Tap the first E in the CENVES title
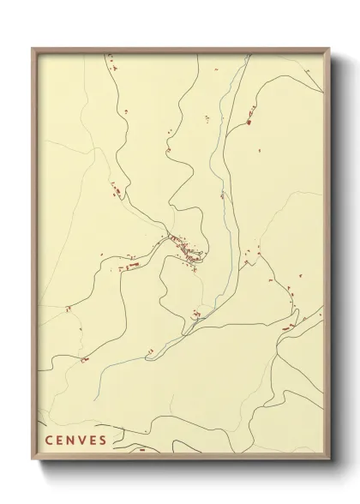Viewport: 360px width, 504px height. [x=60, y=441]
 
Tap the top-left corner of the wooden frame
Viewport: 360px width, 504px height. [x=33, y=49]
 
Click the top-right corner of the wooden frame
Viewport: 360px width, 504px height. [x=329, y=49]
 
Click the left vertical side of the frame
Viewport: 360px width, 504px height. [x=33, y=257]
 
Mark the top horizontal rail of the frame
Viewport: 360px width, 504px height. [x=180, y=50]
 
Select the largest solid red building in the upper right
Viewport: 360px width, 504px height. [x=249, y=122]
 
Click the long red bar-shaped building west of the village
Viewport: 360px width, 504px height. [x=132, y=267]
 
